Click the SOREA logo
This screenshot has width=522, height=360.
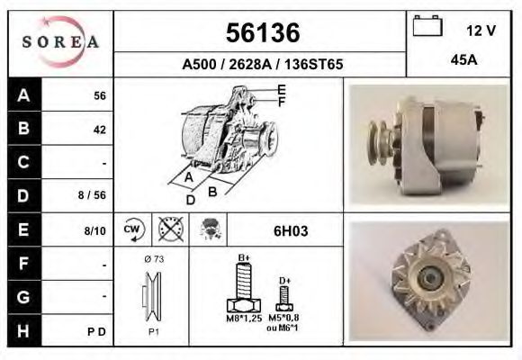click(x=59, y=42)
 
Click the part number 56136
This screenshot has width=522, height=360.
click(x=261, y=33)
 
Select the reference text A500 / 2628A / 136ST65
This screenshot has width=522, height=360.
click(x=261, y=65)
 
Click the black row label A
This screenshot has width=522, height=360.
click(x=23, y=95)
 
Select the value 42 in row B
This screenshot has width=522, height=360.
click(x=99, y=129)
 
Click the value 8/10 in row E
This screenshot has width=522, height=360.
click(x=94, y=230)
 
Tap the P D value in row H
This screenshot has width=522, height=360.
click(x=98, y=331)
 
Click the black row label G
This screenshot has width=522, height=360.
click(x=23, y=297)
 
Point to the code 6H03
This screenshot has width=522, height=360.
click(x=291, y=230)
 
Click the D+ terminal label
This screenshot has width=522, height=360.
click(x=284, y=280)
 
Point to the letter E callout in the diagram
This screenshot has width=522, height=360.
click(x=282, y=89)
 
